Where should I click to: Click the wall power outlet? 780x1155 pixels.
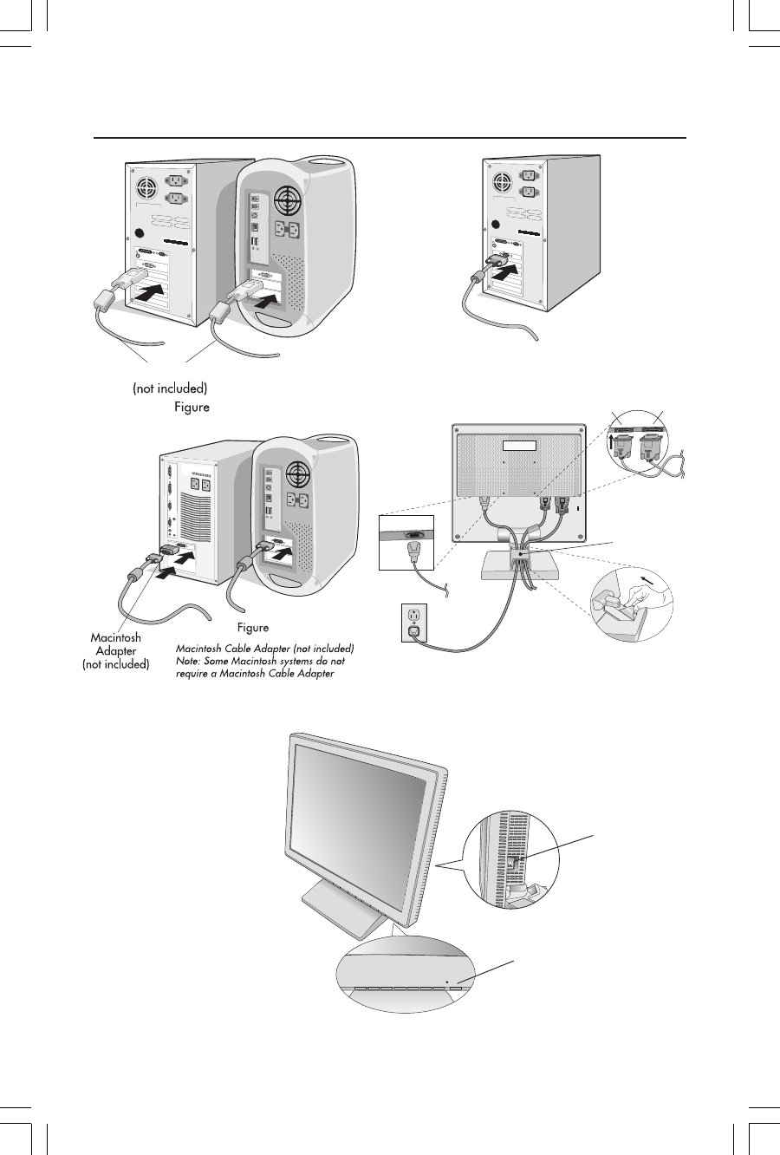coord(413,623)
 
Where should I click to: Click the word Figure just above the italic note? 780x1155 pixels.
coord(252,627)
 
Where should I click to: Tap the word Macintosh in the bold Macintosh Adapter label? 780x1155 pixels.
coord(115,638)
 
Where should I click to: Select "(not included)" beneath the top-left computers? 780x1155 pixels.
coord(170,388)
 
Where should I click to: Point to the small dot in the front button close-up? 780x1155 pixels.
coord(446,983)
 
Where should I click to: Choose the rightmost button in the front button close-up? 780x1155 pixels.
coord(457,989)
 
